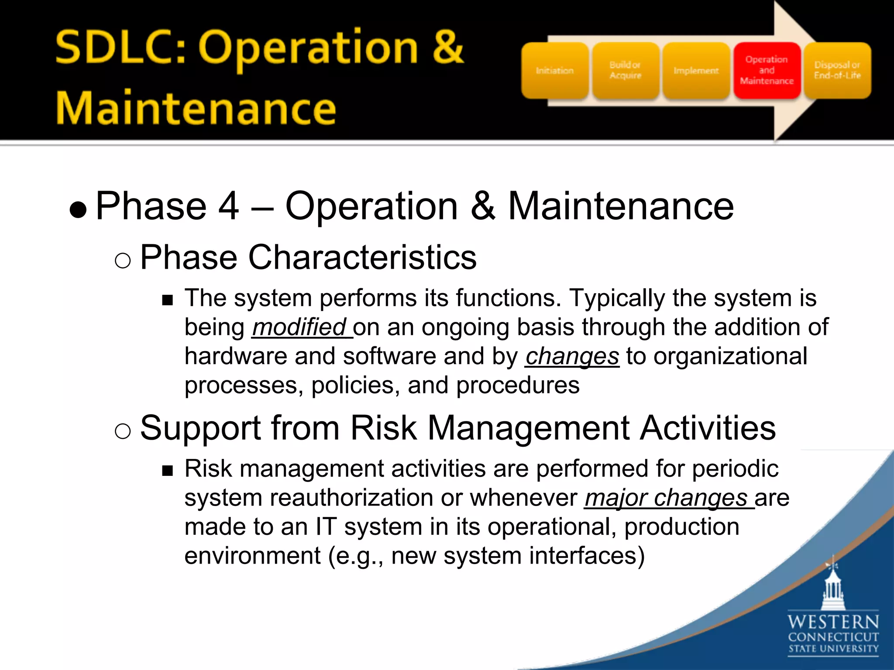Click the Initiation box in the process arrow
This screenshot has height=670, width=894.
coord(554,71)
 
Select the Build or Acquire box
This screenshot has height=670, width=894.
coord(625,71)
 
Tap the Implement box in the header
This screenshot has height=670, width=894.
coord(696,71)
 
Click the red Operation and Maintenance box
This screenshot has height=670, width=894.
coord(767,71)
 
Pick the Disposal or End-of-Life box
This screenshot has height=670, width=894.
coord(837,71)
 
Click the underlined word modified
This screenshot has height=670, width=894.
coord(300,328)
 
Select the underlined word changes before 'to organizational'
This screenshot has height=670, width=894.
coord(572,356)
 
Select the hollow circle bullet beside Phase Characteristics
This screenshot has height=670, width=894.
coord(123,261)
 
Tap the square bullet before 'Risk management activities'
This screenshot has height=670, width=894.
coord(167,471)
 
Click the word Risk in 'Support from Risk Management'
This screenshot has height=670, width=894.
coord(383,428)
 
